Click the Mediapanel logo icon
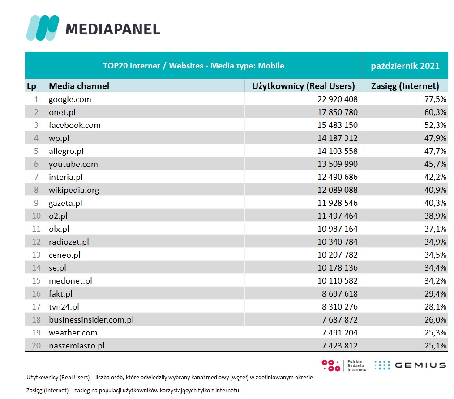(43, 28)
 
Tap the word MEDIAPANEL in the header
(113, 29)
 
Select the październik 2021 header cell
(405, 66)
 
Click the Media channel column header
(79, 86)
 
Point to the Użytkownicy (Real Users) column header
(304, 86)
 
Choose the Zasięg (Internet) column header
(405, 86)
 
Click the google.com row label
(70, 99)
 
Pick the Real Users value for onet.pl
(338, 112)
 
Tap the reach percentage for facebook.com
(435, 125)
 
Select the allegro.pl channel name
(66, 151)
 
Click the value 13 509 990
(338, 164)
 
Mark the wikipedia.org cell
(74, 190)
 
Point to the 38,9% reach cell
(435, 216)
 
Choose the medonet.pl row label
(70, 280)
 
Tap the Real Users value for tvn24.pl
(338, 306)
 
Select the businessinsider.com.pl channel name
(91, 319)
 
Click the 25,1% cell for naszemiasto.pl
(435, 345)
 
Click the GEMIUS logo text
(420, 365)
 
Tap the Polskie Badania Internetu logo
(345, 365)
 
